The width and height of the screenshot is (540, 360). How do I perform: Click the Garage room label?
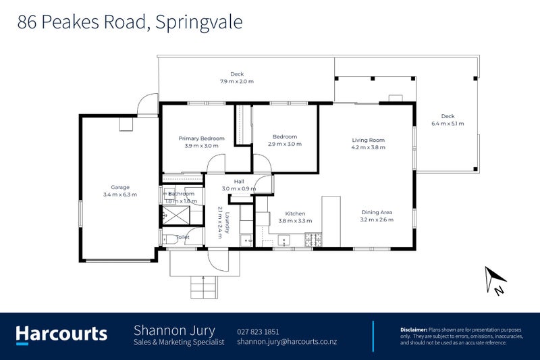(120, 187)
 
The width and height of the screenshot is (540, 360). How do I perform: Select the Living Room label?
(368, 140)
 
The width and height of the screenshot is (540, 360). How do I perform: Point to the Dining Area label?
(376, 212)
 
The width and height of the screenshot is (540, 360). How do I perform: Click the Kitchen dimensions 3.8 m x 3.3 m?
(295, 220)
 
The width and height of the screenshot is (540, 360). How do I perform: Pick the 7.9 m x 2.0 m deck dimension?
(236, 82)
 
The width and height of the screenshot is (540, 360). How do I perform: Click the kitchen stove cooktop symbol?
(314, 239)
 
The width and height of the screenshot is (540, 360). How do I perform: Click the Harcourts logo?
(61, 334)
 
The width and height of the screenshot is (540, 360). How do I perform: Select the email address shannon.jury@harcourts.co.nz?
(287, 342)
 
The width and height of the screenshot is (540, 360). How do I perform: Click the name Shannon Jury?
(174, 330)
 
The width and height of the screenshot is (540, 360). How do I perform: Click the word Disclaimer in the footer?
(414, 329)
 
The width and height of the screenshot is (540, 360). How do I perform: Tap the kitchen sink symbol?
(283, 238)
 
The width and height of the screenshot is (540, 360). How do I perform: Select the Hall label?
(239, 181)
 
